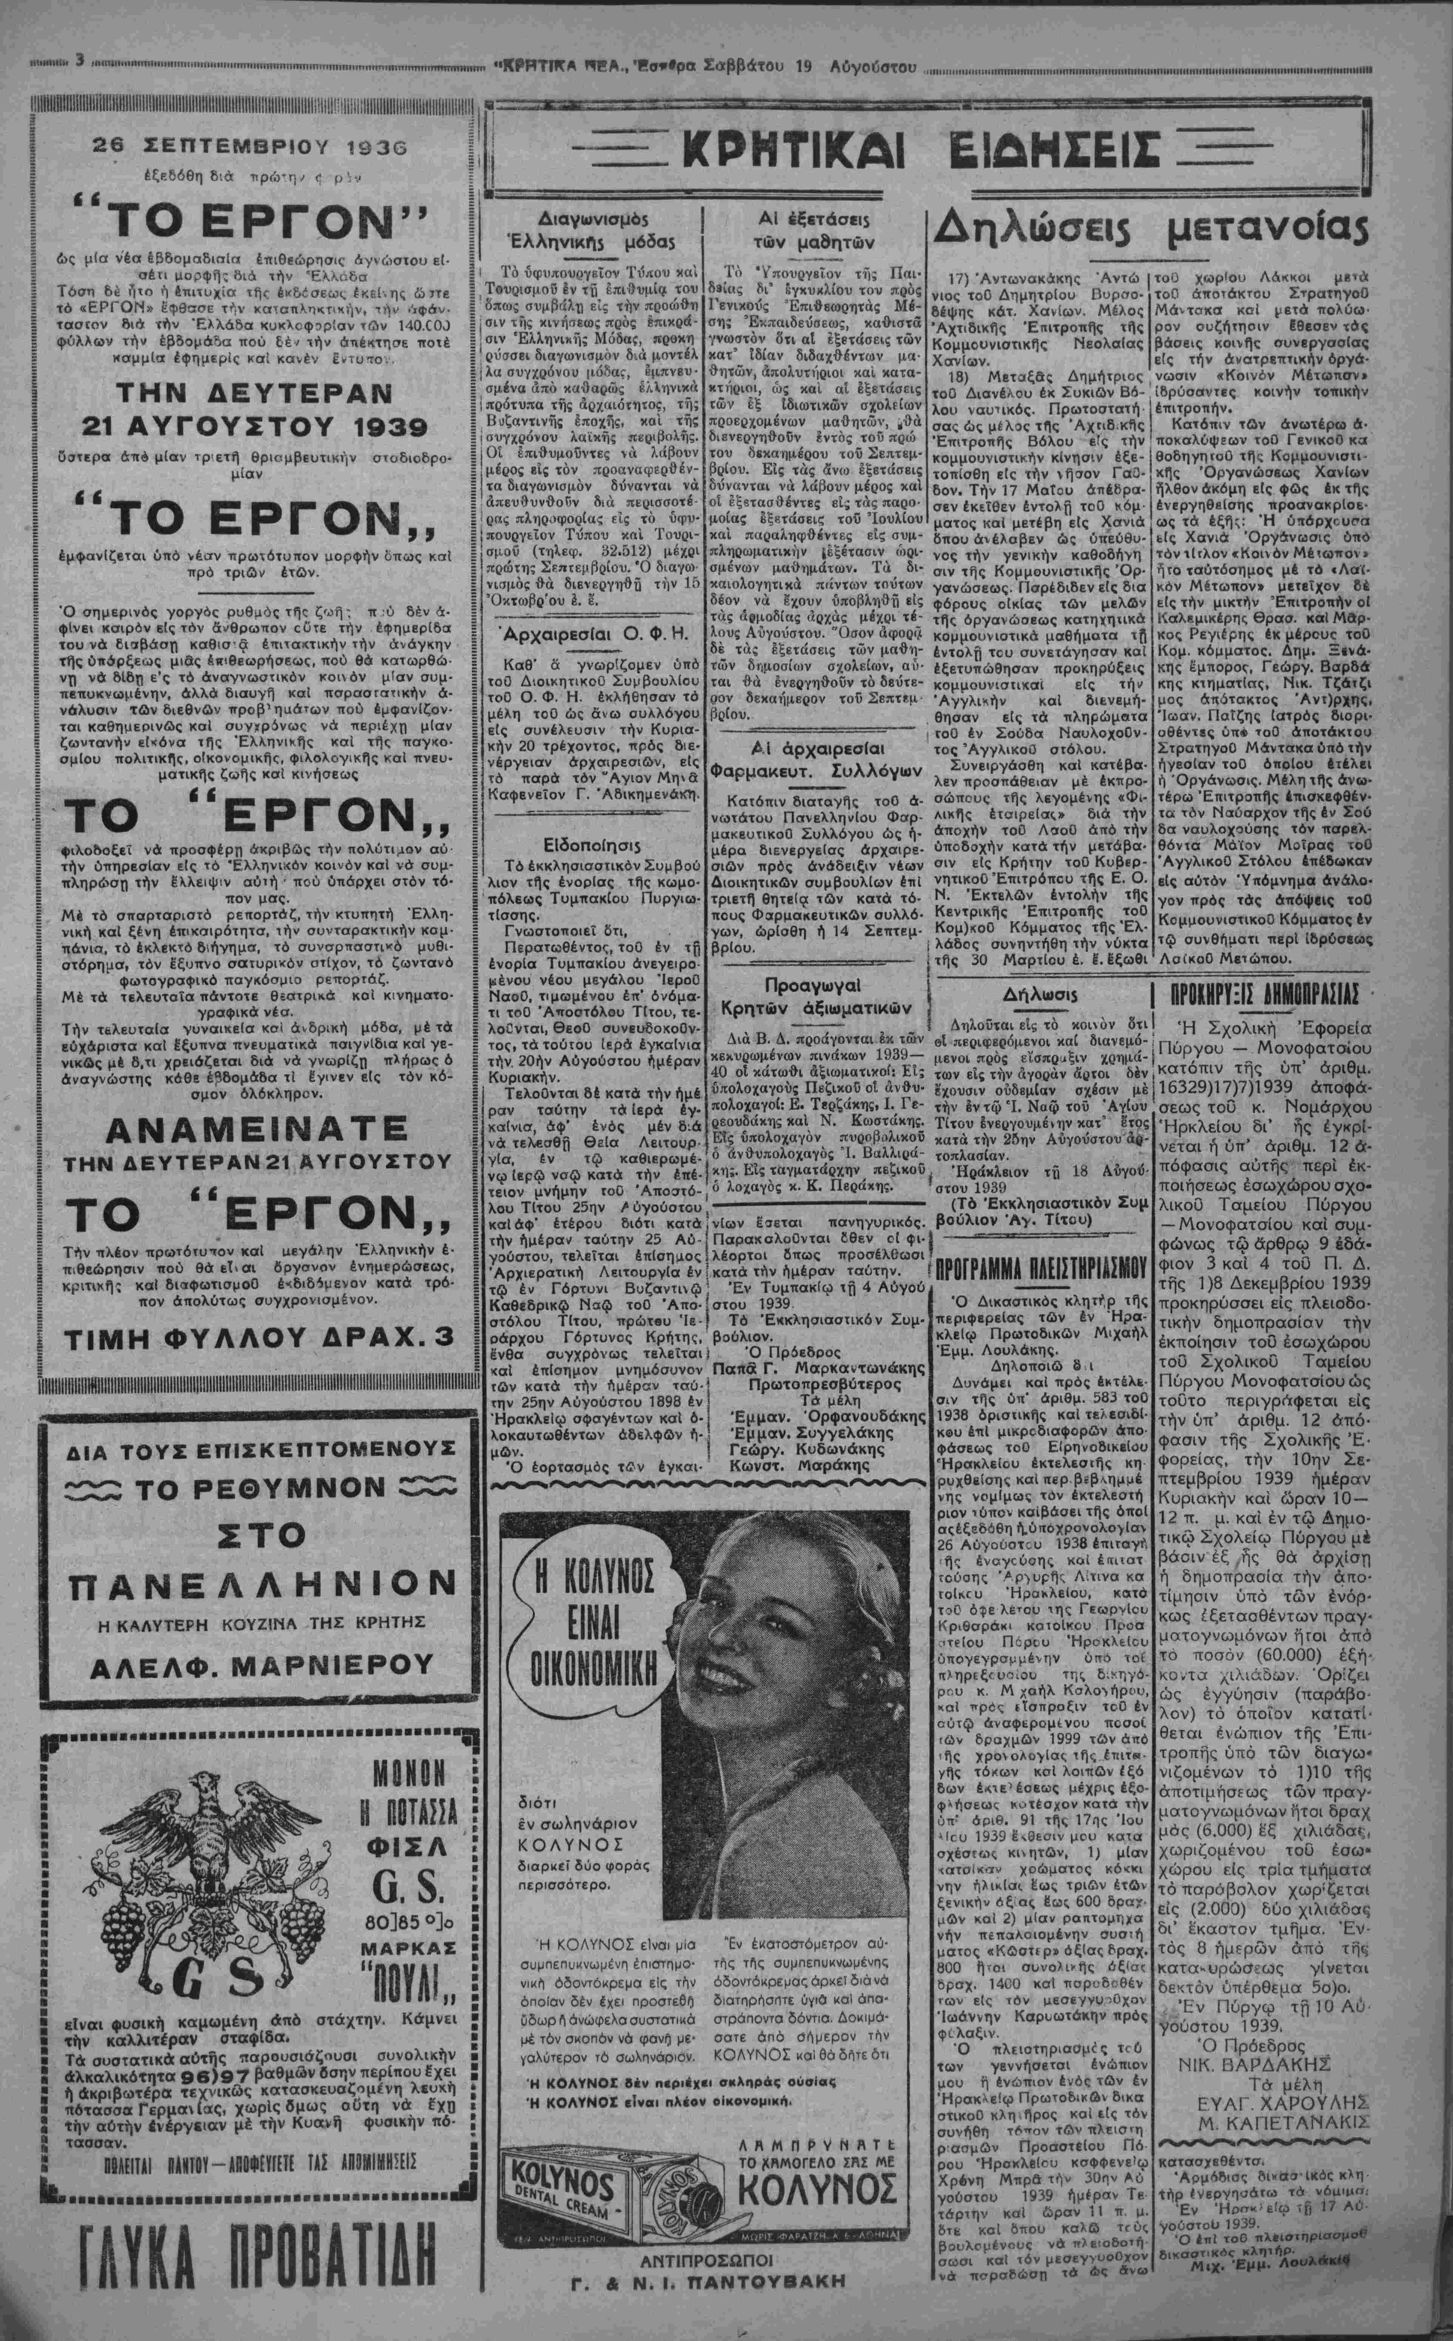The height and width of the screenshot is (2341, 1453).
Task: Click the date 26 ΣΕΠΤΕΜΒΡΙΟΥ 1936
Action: pos(250,147)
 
